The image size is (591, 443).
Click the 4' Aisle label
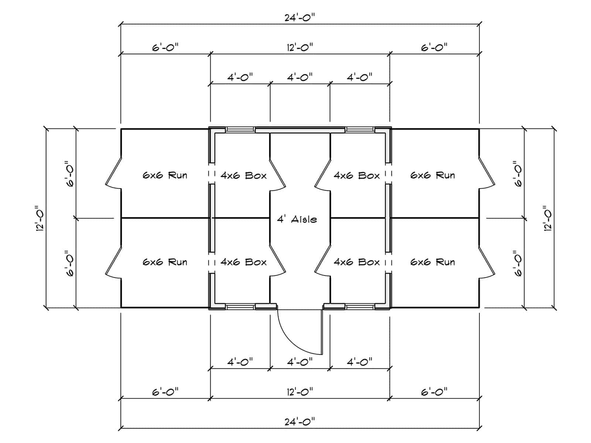(x=297, y=220)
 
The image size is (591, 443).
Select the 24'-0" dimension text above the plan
(x=300, y=18)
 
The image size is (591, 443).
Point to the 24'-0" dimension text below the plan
(x=300, y=422)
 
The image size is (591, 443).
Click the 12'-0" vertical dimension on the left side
(x=41, y=219)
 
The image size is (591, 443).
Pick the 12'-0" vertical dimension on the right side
(x=548, y=219)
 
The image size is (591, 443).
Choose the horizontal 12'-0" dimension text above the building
(x=300, y=48)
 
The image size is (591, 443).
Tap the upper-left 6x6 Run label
(x=165, y=175)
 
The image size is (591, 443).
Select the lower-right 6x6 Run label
(x=433, y=262)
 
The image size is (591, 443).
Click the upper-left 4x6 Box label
(x=244, y=176)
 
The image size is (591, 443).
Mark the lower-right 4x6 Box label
(x=357, y=262)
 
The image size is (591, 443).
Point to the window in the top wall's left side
(x=240, y=129)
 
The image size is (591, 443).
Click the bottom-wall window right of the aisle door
(x=360, y=307)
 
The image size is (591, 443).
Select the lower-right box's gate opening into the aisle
(x=322, y=261)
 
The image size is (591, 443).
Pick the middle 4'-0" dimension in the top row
(x=300, y=78)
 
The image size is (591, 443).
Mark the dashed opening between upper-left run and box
(x=212, y=174)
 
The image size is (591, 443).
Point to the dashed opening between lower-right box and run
(x=388, y=263)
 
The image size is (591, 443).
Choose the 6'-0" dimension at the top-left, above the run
(x=165, y=48)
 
